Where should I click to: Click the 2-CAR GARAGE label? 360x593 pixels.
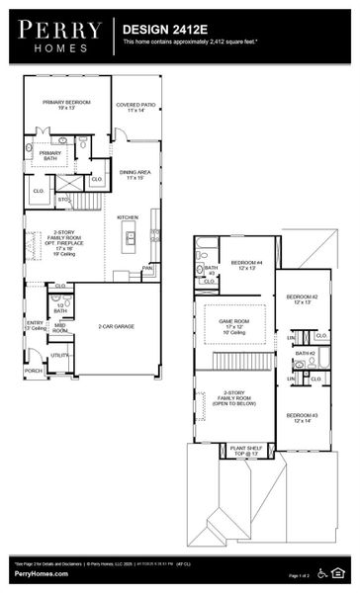(117, 325)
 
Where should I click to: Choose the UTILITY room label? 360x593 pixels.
(59, 355)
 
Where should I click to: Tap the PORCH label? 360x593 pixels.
(34, 372)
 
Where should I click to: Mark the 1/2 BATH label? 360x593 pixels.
(60, 309)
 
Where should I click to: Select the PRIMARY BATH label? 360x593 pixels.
(50, 155)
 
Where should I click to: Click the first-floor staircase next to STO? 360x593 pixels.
(87, 202)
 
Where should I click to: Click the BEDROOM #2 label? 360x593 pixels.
(302, 300)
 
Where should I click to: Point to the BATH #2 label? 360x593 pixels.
(304, 353)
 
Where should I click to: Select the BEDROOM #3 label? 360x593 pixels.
(302, 418)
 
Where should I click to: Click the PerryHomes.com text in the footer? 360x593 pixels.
(36, 575)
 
